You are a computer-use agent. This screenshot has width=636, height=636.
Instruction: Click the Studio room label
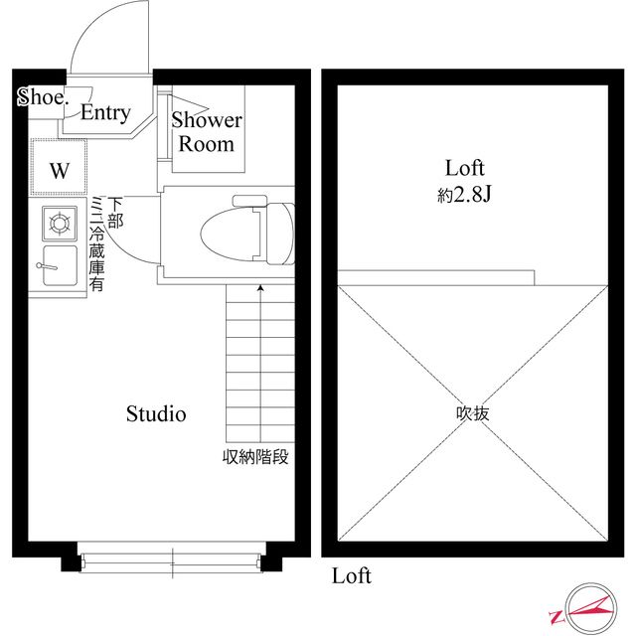pos(155,414)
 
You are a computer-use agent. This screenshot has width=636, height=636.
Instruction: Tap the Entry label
pos(105,113)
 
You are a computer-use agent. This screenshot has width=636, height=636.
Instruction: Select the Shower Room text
pos(207,132)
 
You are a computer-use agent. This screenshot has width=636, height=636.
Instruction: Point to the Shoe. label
pos(42,97)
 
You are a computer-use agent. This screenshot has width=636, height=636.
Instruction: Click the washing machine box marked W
pos(60,169)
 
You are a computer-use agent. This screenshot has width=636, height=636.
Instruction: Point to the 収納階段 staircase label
pos(255,458)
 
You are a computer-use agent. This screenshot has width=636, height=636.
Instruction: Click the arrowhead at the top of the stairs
pos(260,289)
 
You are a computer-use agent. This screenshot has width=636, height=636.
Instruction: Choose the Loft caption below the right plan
pos(352,576)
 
